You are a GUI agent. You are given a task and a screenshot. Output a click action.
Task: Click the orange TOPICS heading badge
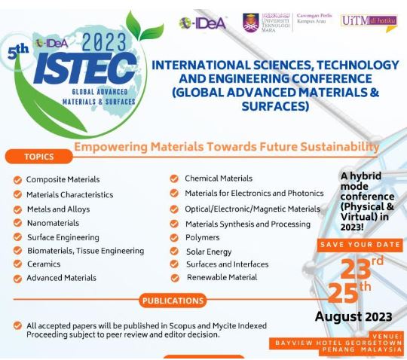point(39,157)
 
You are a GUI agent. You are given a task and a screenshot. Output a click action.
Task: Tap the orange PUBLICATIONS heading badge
point(173,301)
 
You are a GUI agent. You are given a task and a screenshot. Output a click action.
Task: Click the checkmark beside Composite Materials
point(17,180)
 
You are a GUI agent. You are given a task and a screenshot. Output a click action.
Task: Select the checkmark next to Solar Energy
point(174,251)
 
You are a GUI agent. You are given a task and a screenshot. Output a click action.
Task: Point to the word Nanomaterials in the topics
point(53,223)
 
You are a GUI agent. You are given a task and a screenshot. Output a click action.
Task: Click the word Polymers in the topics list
point(203,237)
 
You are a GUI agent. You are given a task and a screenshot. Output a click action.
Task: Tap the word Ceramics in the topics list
point(44,264)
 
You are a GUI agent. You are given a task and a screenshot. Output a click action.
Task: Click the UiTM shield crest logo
point(251,23)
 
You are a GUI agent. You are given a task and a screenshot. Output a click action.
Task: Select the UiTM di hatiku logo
point(369,23)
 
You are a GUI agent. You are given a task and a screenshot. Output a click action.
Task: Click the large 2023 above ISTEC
point(104,41)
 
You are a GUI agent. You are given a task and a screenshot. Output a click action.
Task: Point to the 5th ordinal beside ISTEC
point(18,52)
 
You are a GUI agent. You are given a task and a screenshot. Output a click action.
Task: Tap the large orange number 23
point(356,269)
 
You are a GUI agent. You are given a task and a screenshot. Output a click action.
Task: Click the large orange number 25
point(343,293)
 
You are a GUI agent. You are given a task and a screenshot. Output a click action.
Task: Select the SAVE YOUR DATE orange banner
point(360,245)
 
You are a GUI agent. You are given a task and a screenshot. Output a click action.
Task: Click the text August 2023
point(353,316)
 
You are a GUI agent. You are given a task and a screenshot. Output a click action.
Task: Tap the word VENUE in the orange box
point(387,337)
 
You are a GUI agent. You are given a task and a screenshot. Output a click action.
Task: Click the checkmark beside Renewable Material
point(175,278)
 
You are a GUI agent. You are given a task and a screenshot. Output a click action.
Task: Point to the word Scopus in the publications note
point(182,326)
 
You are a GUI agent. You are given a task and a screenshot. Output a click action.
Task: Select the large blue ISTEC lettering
point(85,69)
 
